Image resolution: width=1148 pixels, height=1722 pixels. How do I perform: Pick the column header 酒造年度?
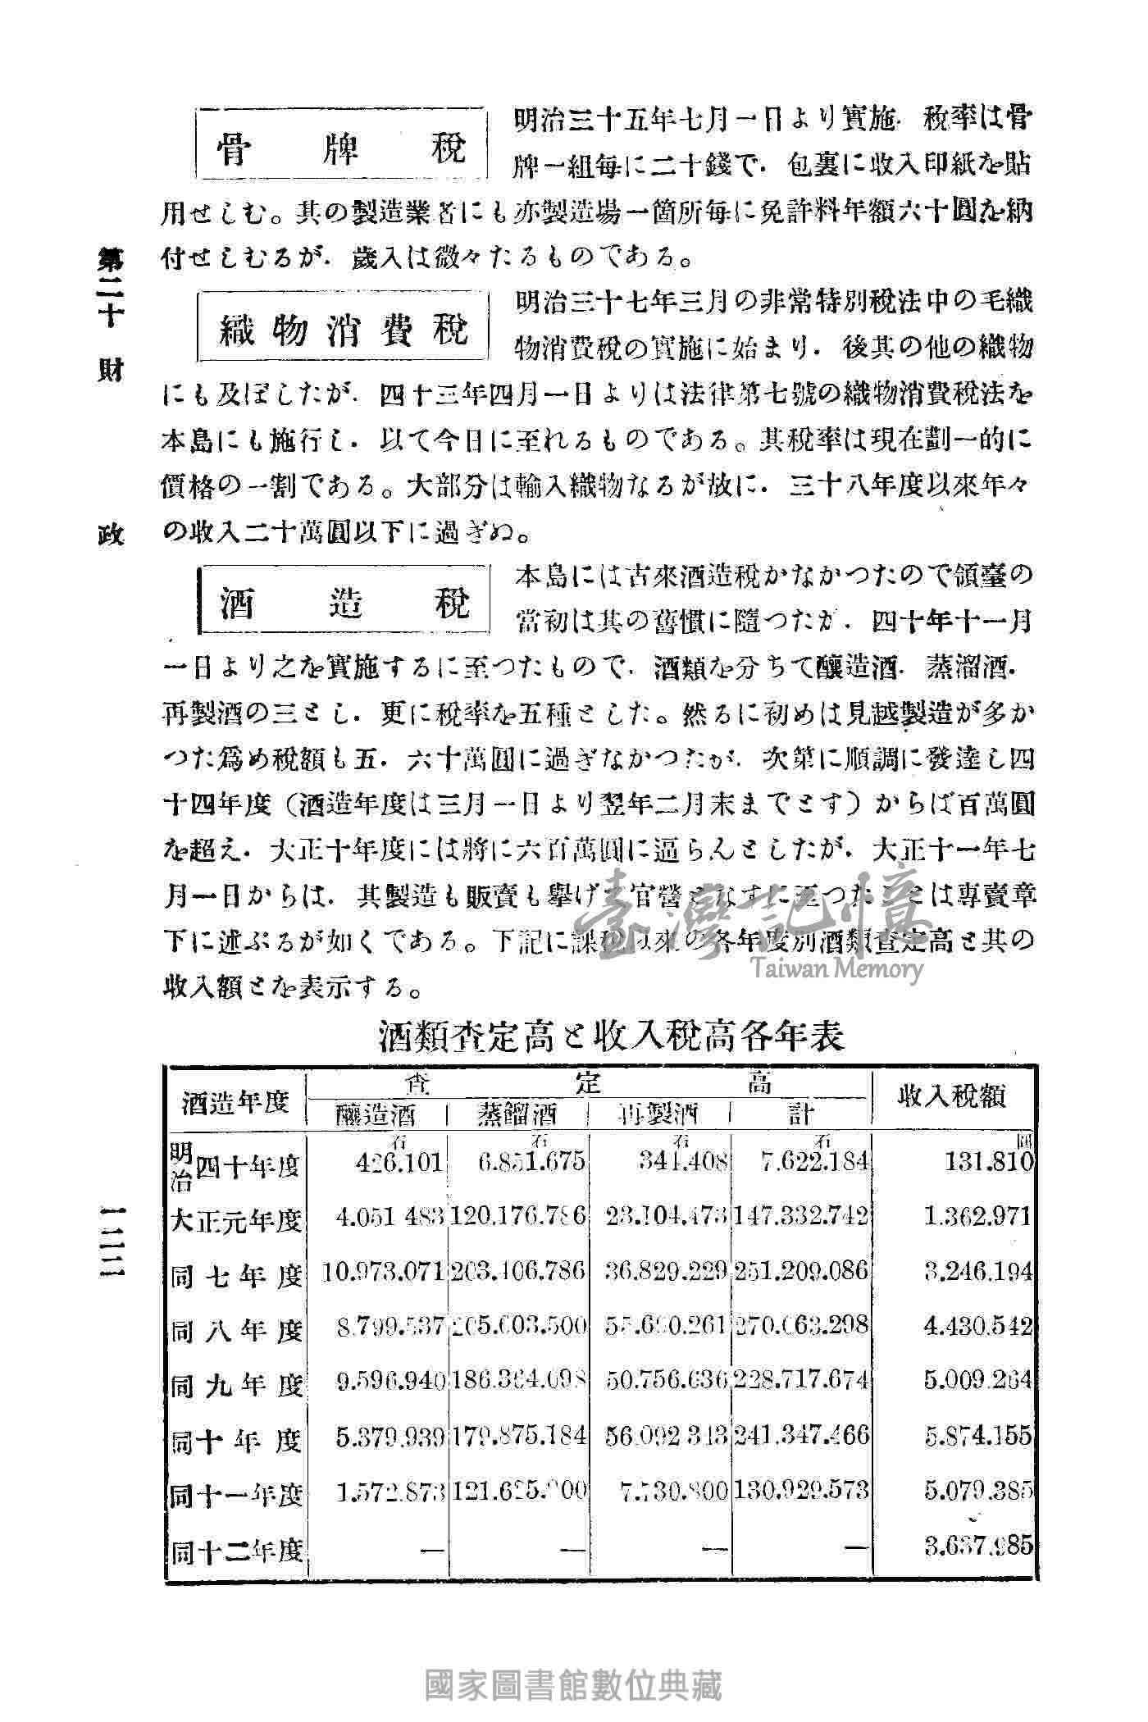pyautogui.click(x=236, y=1101)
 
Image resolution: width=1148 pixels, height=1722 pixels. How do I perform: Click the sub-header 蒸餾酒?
pyautogui.click(x=517, y=1114)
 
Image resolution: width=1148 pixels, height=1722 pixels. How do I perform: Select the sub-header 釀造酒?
pyautogui.click(x=376, y=1114)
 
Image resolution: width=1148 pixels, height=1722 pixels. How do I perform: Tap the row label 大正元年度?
pyautogui.click(x=236, y=1219)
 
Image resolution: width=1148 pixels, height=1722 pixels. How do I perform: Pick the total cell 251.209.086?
pyautogui.click(x=801, y=1272)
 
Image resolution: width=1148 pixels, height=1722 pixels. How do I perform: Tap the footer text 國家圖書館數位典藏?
pyautogui.click(x=573, y=1686)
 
